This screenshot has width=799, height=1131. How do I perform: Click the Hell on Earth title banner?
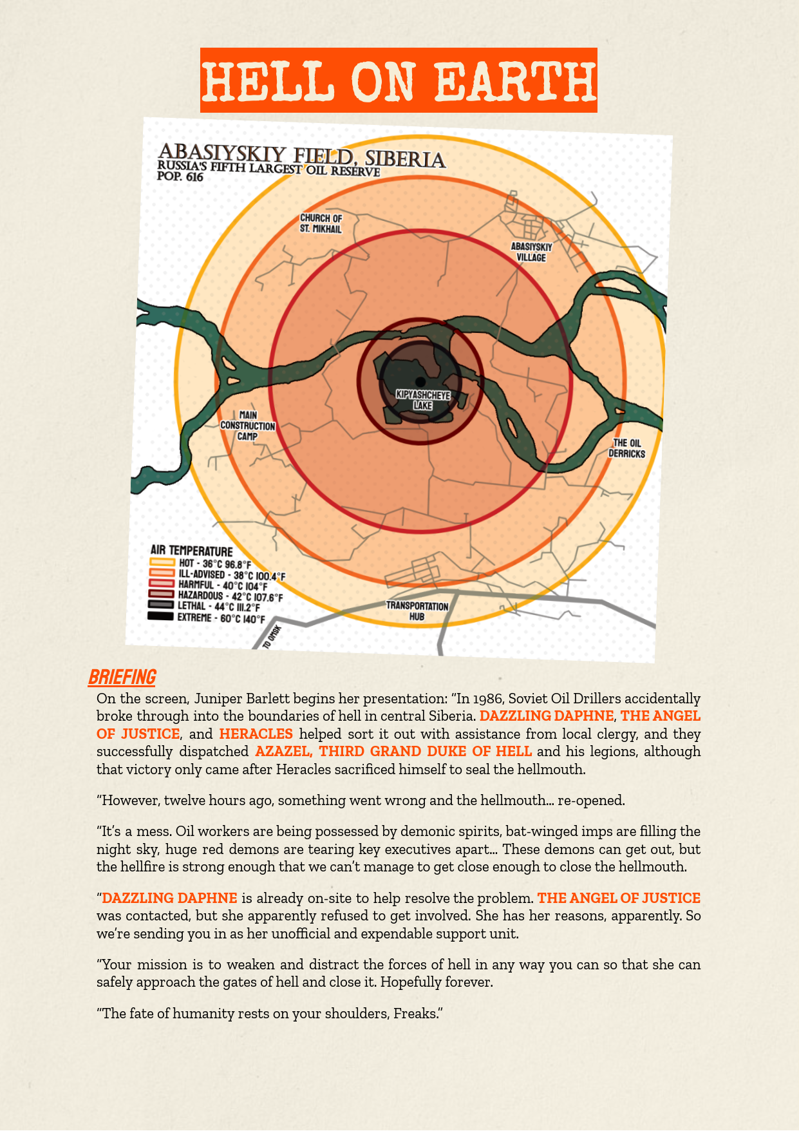pyautogui.click(x=399, y=81)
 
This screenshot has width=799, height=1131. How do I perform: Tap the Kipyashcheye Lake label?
pyautogui.click(x=423, y=400)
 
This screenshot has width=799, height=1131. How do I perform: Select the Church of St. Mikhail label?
pyautogui.click(x=321, y=223)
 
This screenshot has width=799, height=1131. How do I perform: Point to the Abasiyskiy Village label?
pyautogui.click(x=531, y=252)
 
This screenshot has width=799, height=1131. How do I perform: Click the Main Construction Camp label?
pyautogui.click(x=248, y=426)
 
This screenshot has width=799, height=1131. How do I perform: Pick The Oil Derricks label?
pyautogui.click(x=627, y=448)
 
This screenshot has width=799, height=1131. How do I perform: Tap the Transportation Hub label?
pyautogui.click(x=417, y=611)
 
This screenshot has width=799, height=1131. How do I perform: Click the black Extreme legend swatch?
pyautogui.click(x=160, y=616)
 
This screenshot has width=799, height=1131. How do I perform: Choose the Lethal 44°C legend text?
pyautogui.click(x=219, y=607)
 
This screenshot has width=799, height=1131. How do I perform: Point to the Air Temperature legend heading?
pyautogui.click(x=191, y=551)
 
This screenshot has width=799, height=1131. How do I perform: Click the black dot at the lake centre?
pyautogui.click(x=420, y=382)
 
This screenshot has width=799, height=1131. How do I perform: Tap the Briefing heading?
pyautogui.click(x=122, y=678)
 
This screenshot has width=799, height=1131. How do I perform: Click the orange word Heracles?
pyautogui.click(x=256, y=734)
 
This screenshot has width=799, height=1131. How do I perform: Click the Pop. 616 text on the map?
pyautogui.click(x=180, y=176)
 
